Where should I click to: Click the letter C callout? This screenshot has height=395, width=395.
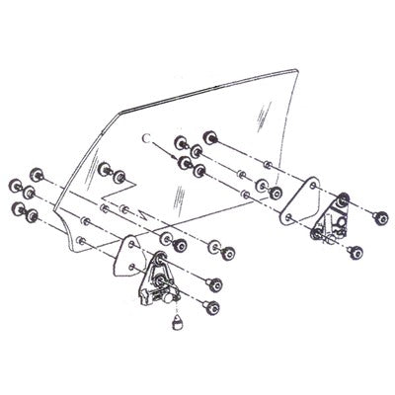pos(146,136)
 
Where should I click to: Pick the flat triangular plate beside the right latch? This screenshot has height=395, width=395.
pos(300,197)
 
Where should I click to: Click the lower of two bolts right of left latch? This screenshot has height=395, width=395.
pos(211,308)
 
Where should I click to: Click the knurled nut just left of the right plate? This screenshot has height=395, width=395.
pos(268,190)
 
